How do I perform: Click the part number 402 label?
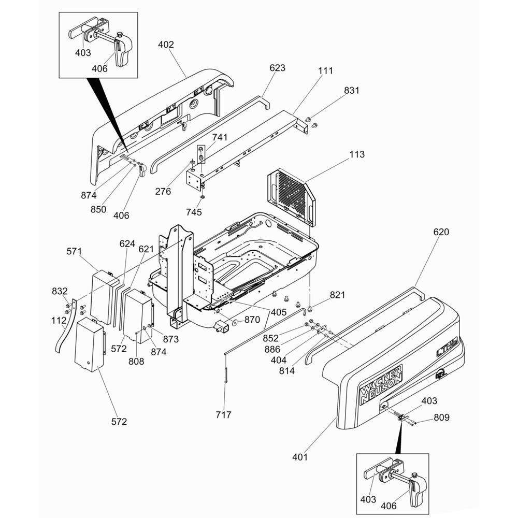(x=166, y=45)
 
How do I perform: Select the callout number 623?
(x=277, y=68)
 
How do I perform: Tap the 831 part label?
(x=352, y=90)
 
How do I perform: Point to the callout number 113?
(x=357, y=154)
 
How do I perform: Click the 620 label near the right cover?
(x=441, y=232)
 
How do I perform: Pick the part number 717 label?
(x=223, y=414)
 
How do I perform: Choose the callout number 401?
(x=299, y=457)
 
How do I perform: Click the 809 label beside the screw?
(x=442, y=418)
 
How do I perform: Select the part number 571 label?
(x=74, y=251)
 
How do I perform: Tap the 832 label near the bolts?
(x=60, y=291)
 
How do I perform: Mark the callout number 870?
(x=252, y=320)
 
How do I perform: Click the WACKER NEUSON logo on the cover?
(x=381, y=383)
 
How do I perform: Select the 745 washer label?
(x=194, y=212)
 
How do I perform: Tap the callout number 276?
(x=163, y=191)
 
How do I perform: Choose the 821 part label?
(x=337, y=295)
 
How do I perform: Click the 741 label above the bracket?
(x=220, y=137)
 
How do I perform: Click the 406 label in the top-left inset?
(x=99, y=68)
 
